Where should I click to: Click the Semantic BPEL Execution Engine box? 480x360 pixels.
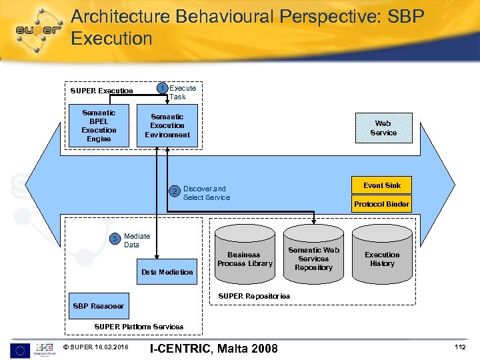click(99, 125)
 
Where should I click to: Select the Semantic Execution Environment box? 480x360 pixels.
click(167, 125)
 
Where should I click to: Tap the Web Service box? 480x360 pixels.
click(383, 128)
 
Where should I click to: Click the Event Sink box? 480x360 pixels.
click(382, 185)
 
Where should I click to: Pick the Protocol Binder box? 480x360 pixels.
click(382, 204)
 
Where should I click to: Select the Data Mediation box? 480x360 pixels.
click(167, 271)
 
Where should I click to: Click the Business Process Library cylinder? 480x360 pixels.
click(245, 259)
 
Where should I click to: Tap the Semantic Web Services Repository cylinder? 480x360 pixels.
click(313, 259)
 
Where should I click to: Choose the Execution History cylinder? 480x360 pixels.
click(382, 259)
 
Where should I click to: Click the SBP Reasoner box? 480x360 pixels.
click(98, 306)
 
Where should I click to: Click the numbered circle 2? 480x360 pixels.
click(175, 193)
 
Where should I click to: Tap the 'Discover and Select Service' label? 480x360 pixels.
click(206, 193)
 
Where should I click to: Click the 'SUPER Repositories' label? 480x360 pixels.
click(255, 295)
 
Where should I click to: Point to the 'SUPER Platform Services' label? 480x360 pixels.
click(139, 327)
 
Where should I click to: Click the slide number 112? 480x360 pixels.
click(459, 347)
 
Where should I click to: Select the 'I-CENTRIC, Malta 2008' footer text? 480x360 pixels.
click(214, 348)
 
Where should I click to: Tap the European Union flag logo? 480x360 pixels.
click(19, 348)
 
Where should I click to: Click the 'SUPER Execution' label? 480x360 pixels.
click(101, 91)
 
